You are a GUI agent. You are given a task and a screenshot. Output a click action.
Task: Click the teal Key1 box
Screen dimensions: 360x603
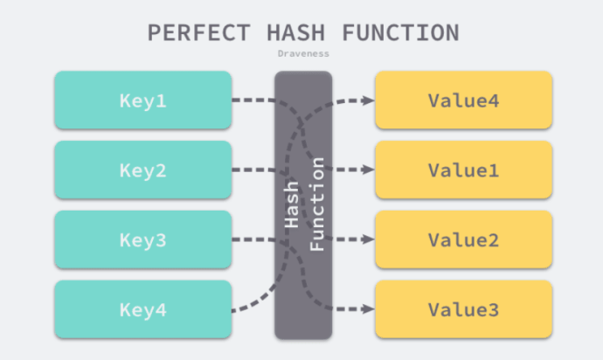pyautogui.click(x=142, y=100)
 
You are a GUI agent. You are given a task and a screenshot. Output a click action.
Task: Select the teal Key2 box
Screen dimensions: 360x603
pyautogui.click(x=142, y=170)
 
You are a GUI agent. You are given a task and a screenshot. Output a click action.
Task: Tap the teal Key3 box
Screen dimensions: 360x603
pyautogui.click(x=142, y=239)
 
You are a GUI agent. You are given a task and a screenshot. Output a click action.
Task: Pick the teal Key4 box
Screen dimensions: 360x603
pyautogui.click(x=142, y=309)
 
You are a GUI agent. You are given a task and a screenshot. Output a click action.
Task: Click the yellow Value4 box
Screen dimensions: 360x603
pyautogui.click(x=463, y=100)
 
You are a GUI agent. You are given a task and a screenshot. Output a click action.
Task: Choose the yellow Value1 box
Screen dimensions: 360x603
pyautogui.click(x=463, y=170)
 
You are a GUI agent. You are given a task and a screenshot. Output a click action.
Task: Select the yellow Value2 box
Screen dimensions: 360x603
pyautogui.click(x=463, y=239)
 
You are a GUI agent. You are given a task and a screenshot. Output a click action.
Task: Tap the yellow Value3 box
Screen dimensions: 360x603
pyautogui.click(x=463, y=309)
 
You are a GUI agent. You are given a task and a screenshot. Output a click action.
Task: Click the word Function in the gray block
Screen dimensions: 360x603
pyautogui.click(x=317, y=205)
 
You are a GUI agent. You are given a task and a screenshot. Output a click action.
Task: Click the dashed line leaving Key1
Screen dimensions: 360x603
pyautogui.click(x=253, y=100)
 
